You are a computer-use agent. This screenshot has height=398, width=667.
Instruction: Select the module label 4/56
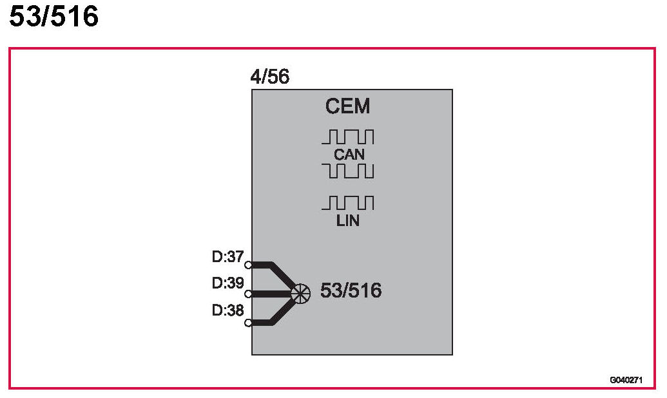[269, 77]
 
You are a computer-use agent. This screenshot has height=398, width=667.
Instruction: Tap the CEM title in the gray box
[348, 106]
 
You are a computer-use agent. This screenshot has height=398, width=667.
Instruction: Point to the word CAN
[349, 155]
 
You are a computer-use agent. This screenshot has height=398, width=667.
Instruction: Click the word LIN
[348, 221]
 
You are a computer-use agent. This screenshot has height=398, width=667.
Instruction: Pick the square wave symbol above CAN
[348, 137]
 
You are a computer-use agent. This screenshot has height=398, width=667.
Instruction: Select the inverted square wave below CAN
[348, 171]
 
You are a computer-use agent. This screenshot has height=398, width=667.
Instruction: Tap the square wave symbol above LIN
[348, 203]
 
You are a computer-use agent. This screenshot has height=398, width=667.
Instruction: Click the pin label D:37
[227, 257]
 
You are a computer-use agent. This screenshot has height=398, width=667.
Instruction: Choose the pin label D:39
[227, 283]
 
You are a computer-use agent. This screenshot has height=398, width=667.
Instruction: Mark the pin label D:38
[227, 310]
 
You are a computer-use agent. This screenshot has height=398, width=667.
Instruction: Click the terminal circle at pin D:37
[248, 265]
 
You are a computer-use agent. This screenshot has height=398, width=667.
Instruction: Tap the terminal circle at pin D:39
[248, 294]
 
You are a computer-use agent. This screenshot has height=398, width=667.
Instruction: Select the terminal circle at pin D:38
[248, 323]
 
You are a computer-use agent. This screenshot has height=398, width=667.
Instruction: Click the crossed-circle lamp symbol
[300, 294]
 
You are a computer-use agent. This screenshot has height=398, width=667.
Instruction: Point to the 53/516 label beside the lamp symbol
[351, 291]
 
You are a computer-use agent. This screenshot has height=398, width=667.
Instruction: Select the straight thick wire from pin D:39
[271, 294]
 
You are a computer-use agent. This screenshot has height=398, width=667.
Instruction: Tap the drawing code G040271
[625, 380]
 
